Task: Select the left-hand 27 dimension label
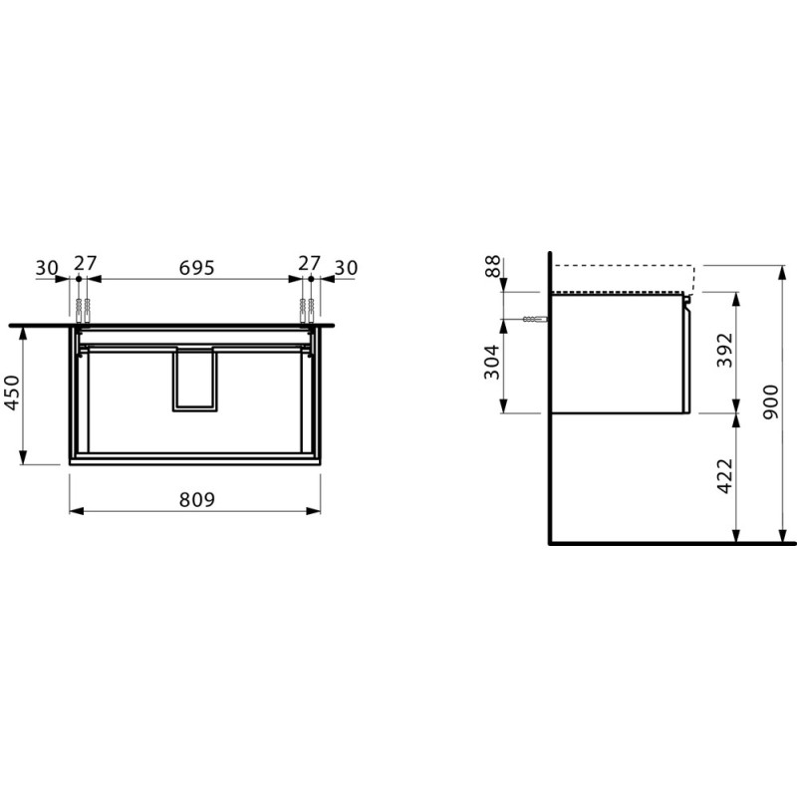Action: tap(85, 264)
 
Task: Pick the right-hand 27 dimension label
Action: tap(309, 264)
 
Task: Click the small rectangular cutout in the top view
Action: tap(195, 378)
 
